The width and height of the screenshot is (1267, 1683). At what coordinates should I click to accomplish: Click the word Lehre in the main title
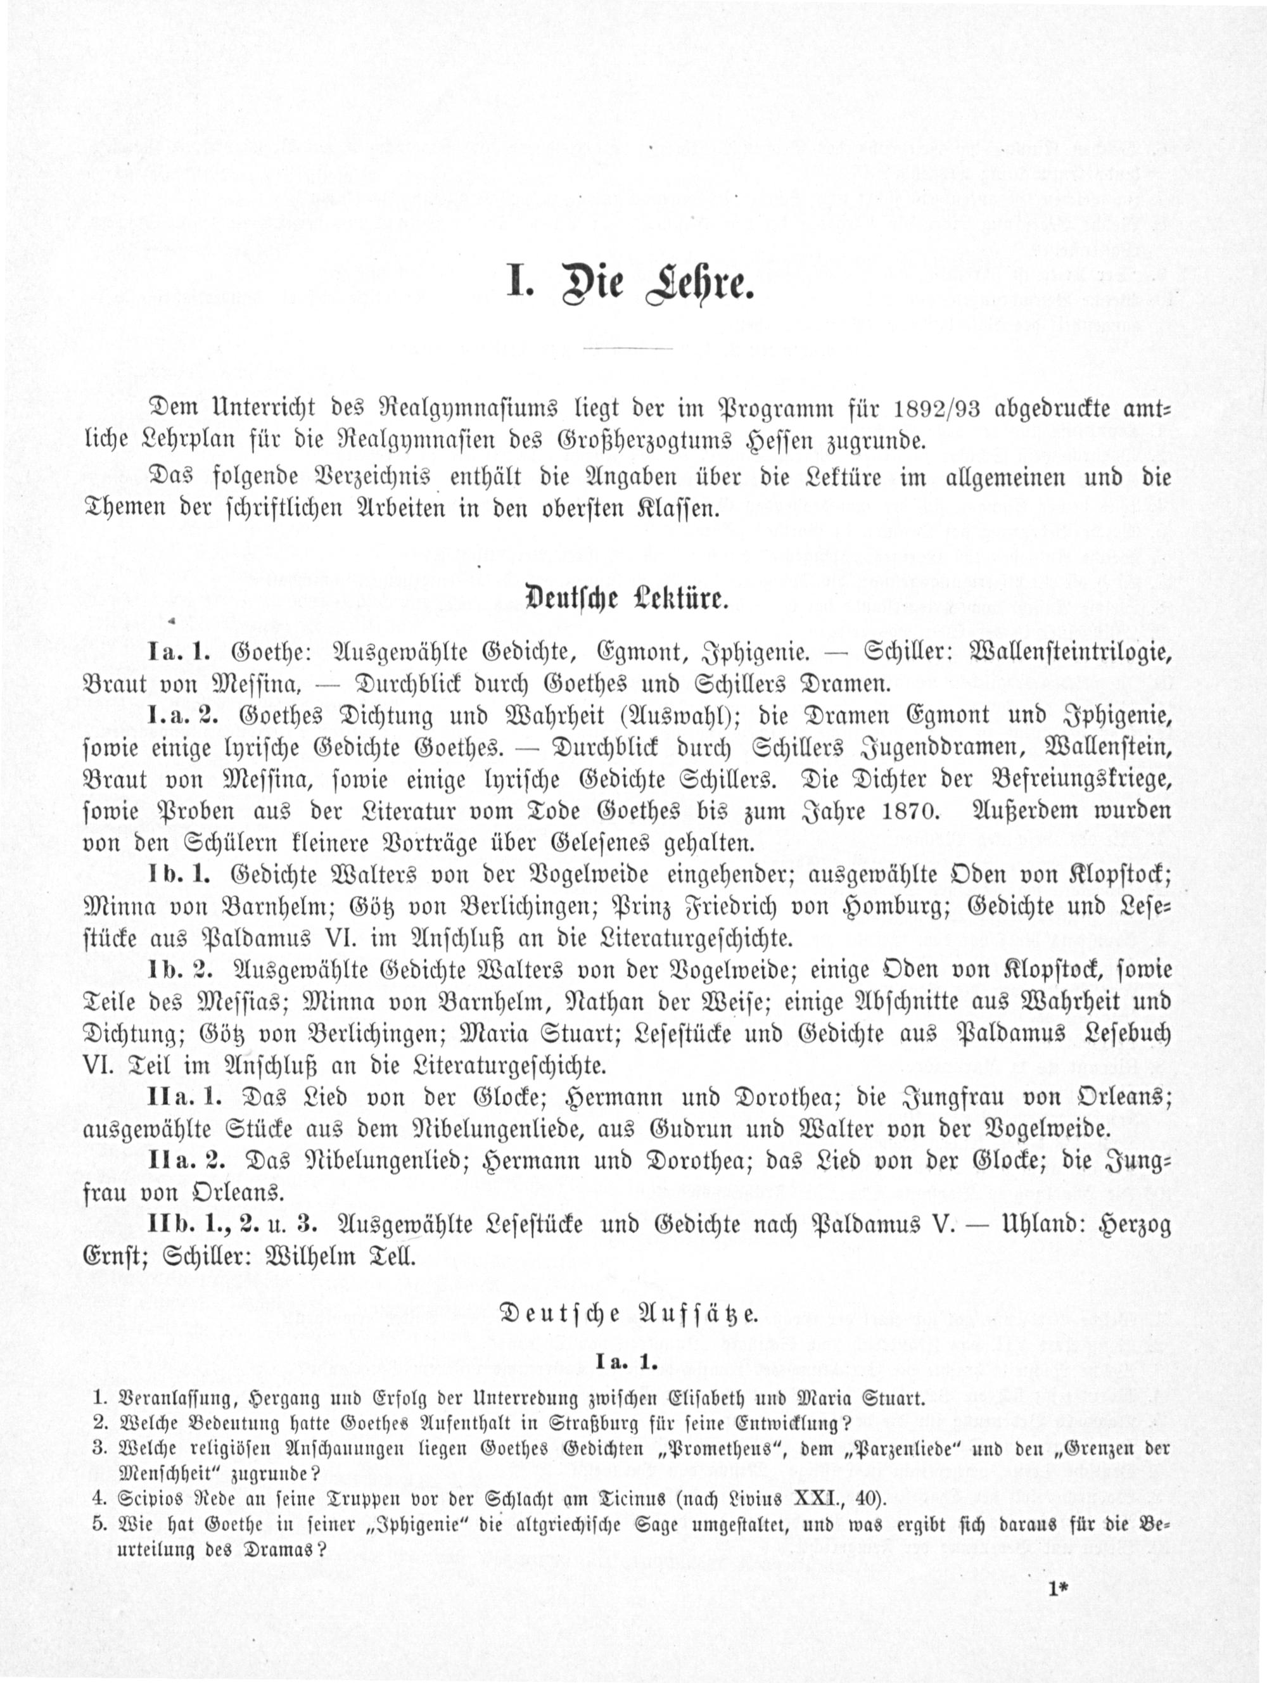coord(699,284)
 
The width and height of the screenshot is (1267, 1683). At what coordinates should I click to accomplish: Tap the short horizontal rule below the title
coord(627,348)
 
